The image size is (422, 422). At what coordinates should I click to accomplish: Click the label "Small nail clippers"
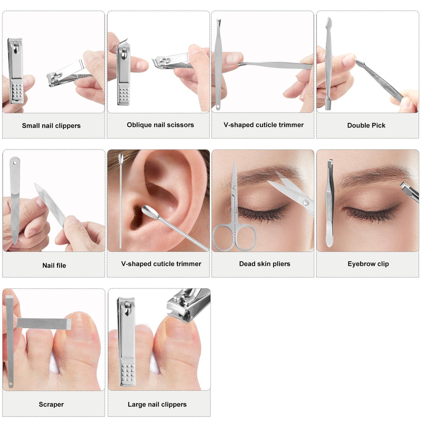pyautogui.click(x=51, y=126)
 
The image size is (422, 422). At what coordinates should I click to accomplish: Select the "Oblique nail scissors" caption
pyautogui.click(x=160, y=125)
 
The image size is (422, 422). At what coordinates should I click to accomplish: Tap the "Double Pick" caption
pyautogui.click(x=366, y=125)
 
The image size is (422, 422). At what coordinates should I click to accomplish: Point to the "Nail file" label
pyautogui.click(x=54, y=265)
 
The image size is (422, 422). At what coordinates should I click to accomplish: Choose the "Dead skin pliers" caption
pyautogui.click(x=265, y=264)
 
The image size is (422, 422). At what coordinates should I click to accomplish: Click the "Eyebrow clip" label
pyautogui.click(x=368, y=264)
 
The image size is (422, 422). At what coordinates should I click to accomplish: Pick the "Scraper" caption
pyautogui.click(x=51, y=404)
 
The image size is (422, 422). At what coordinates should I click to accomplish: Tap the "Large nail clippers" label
pyautogui.click(x=157, y=404)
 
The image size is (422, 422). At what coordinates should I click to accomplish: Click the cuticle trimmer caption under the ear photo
pyautogui.click(x=161, y=264)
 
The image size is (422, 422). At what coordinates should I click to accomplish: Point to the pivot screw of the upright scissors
pyautogui.click(x=235, y=187)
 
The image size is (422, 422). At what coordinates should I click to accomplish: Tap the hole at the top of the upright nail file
pyautogui.click(x=15, y=163)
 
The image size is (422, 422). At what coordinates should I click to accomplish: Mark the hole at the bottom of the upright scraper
pyautogui.click(x=10, y=384)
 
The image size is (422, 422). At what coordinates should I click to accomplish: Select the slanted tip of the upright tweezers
pyautogui.click(x=330, y=162)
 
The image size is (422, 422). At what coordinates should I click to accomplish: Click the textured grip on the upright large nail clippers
pyautogui.click(x=128, y=373)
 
